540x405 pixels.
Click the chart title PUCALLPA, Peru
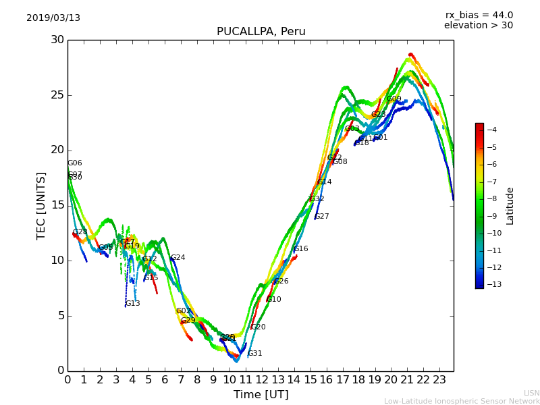(x=261, y=32)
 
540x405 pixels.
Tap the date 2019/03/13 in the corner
(x=53, y=18)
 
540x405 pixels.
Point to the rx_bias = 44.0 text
(x=479, y=16)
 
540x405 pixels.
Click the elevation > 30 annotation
(x=478, y=26)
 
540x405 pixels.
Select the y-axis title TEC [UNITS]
(x=42, y=205)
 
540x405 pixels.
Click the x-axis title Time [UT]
(x=261, y=395)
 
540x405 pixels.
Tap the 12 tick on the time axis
(x=262, y=380)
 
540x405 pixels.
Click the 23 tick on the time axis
(x=439, y=380)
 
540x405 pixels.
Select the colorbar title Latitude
(x=510, y=206)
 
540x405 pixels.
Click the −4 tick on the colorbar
(x=491, y=130)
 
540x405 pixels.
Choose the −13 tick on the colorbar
(x=491, y=284)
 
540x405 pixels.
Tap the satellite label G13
(x=133, y=304)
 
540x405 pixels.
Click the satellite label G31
(x=255, y=354)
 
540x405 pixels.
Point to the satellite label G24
(x=178, y=258)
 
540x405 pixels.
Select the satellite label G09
(x=394, y=99)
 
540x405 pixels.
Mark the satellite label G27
(x=322, y=217)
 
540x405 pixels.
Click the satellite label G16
(x=300, y=249)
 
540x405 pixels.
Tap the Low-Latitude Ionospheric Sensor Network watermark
(x=462, y=402)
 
